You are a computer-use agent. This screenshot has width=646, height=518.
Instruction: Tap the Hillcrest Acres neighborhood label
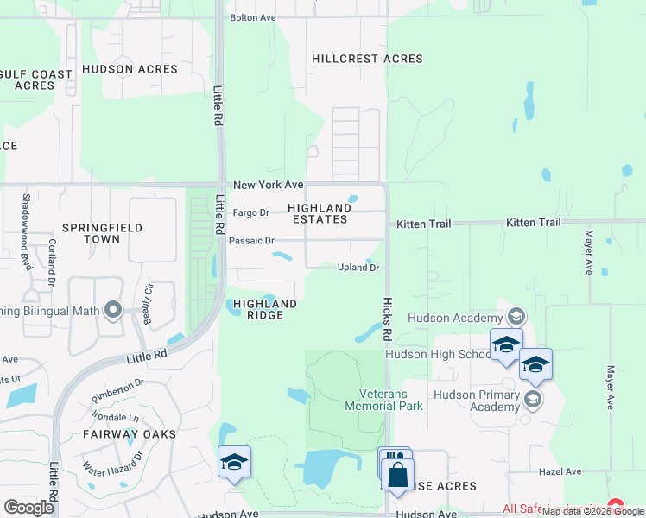point(367,59)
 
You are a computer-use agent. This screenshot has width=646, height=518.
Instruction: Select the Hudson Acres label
point(130,69)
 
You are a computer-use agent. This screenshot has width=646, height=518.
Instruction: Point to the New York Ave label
point(269,186)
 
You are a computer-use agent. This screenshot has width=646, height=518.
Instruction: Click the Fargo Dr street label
point(252,212)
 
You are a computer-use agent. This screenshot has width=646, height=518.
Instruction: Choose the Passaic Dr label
point(251,241)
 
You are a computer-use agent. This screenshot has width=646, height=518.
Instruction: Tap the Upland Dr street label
point(358,268)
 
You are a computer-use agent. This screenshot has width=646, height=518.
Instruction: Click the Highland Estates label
point(318,213)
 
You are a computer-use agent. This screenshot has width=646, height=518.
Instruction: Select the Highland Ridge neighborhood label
point(265,309)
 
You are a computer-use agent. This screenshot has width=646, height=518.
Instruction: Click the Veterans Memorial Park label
point(384,400)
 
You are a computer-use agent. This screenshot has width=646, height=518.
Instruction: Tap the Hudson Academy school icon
point(516,317)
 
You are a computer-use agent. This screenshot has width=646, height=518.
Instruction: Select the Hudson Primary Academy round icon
point(533,398)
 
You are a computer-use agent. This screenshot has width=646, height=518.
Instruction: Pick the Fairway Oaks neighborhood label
point(130,433)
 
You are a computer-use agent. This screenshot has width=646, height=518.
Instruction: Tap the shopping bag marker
point(398,475)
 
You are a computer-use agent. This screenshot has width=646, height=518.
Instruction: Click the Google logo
point(28,508)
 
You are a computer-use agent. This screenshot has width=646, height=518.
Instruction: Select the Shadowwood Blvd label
point(26,231)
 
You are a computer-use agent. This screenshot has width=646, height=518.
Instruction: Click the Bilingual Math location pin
point(112,309)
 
